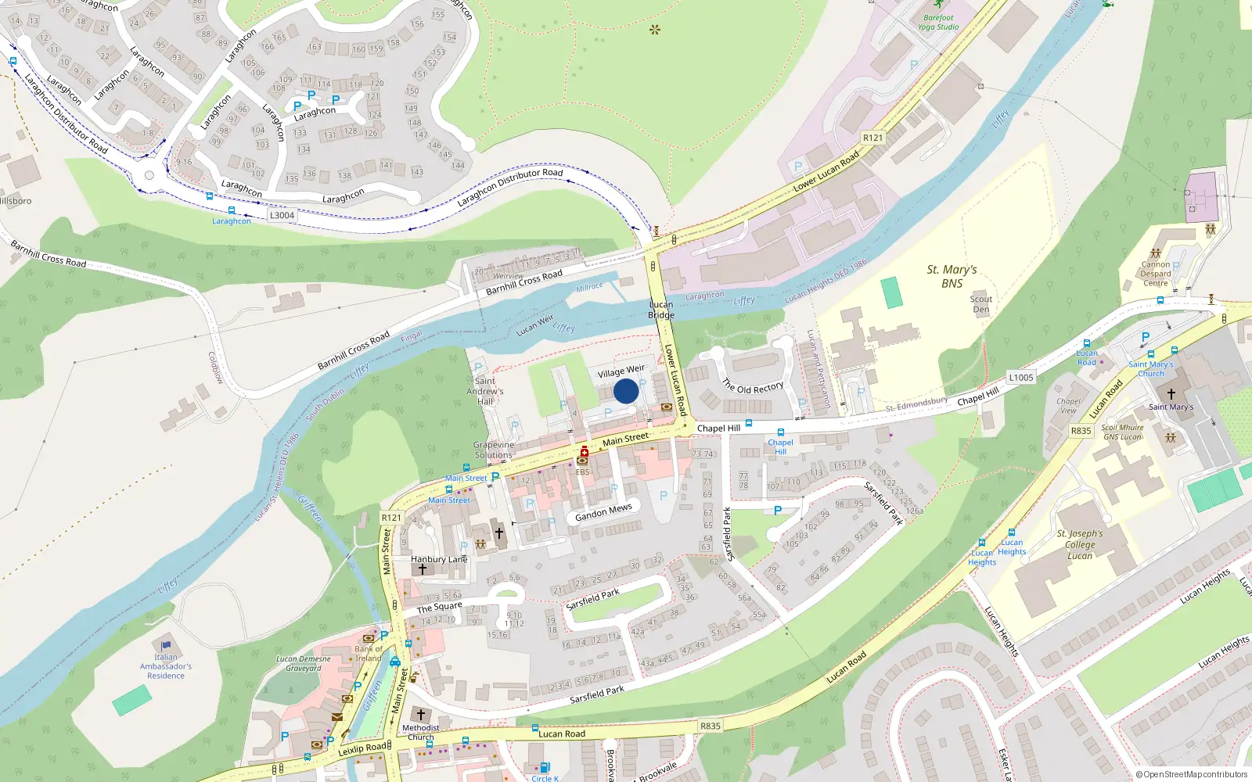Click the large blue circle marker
626,391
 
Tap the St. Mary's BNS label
952,276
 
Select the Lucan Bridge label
661,310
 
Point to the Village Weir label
621,371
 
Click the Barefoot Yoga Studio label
938,22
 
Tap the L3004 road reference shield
282,215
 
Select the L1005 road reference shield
1020,377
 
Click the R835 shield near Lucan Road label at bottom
710,726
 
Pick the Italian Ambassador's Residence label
166,666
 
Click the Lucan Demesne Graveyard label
304,663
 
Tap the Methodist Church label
420,732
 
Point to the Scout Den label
981,304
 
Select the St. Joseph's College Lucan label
1080,544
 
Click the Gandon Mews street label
603,512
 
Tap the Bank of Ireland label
369,653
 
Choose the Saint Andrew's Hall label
485,391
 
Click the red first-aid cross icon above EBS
584,451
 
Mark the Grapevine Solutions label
494,450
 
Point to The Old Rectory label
753,387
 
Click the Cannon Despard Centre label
1155,274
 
